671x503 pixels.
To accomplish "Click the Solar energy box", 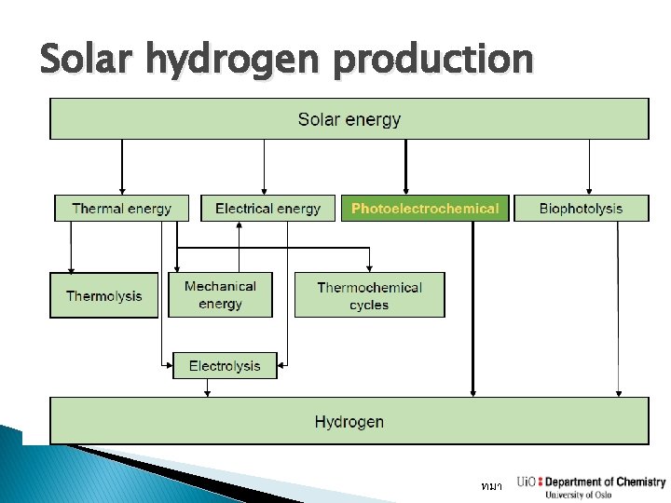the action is pos(349,119).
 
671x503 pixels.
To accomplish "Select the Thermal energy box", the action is pos(121,208).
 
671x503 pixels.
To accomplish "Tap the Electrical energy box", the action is pos(267,208).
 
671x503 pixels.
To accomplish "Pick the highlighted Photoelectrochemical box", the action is pos(425,208).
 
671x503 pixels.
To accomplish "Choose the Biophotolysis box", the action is pos(581,208).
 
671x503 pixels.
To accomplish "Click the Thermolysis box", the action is pos(103,295).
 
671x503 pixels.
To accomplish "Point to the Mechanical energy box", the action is pos(220,294).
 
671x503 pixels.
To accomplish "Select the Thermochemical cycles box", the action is pos(369,295).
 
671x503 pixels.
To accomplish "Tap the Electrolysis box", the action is pos(225,365).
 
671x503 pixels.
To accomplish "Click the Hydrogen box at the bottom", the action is pos(349,421).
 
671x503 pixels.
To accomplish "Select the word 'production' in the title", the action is pos(432,61).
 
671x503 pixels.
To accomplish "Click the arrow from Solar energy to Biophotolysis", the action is pos(588,168).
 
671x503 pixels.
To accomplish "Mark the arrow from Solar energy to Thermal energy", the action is pos(121,168).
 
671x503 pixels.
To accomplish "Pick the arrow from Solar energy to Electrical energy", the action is pos(265,168).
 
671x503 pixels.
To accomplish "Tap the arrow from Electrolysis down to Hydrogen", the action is pos(207,388).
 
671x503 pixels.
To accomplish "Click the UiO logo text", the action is pos(527,483).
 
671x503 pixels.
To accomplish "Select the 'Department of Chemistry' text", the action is pos(605,482).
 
